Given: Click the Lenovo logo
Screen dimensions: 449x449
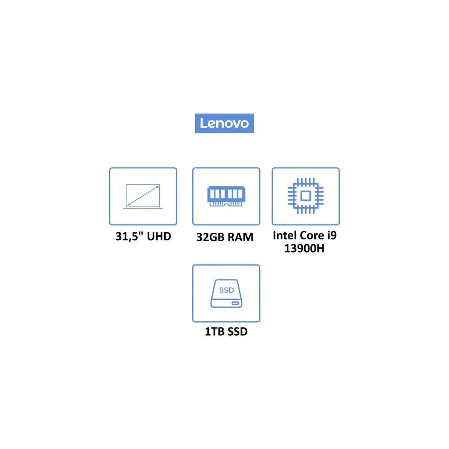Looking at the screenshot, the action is pos(224,123).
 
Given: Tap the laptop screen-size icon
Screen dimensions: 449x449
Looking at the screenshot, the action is pos(143,196).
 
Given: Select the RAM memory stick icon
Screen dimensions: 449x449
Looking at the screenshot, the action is pos(226,196).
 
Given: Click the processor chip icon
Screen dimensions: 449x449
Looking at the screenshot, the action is pos(305,196).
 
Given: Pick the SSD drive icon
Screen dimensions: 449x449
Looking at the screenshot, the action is pos(226,293).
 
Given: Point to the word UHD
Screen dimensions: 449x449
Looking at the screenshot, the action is pos(159,236).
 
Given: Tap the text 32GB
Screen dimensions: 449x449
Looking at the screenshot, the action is pos(210,237).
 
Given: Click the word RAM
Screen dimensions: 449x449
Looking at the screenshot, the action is pos(240,237).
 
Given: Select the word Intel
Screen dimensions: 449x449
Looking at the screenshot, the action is pos(285,235).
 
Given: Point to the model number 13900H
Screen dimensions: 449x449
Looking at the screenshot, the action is pos(304,248).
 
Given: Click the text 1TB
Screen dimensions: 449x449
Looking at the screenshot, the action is pos(214,332).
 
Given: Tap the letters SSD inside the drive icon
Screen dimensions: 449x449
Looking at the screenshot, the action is pos(226,290).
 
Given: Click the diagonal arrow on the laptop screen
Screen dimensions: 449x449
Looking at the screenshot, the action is pos(143,196).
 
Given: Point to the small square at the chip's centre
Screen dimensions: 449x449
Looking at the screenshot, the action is pos(305,196).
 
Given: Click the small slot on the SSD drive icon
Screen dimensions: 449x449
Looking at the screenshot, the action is pos(235,303).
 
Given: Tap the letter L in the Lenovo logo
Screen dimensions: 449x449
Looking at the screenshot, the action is pos(203,123).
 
